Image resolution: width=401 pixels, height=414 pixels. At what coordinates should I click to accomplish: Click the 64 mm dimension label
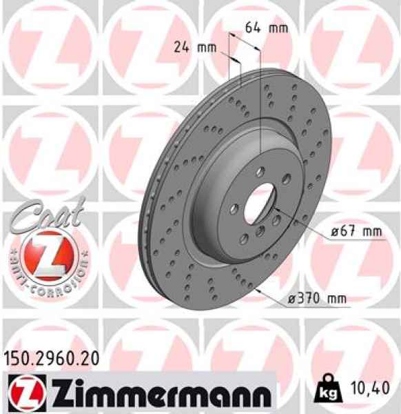click(267, 28)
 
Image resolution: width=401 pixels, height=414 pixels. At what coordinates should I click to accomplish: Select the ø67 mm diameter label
click(355, 233)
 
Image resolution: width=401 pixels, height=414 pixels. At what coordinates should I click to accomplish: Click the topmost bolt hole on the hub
click(260, 172)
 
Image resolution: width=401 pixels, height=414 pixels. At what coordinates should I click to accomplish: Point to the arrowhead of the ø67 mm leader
click(276, 208)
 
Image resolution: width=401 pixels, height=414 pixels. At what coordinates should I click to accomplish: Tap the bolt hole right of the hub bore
click(277, 219)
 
